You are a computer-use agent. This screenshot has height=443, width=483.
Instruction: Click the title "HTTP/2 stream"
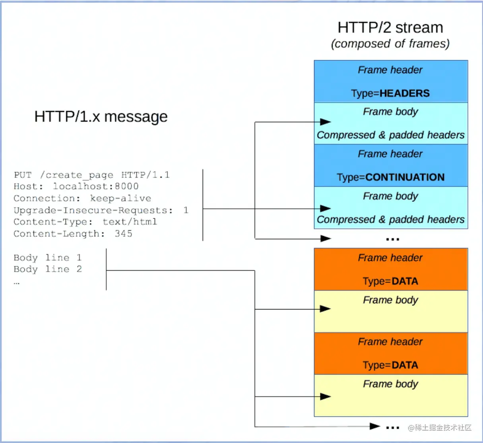[390, 27]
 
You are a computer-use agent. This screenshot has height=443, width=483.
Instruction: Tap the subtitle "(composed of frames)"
[390, 43]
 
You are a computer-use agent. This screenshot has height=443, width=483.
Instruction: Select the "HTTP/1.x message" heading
[101, 116]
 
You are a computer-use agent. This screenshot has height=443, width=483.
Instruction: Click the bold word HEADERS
[405, 93]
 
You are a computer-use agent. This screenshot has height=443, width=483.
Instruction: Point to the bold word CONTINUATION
[405, 177]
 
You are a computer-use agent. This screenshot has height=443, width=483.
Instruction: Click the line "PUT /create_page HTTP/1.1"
[91, 175]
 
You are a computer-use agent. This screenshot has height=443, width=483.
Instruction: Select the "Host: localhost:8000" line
[76, 186]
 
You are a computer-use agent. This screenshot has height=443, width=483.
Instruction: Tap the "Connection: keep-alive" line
[82, 198]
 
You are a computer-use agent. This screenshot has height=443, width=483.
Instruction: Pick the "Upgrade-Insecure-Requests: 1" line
[101, 210]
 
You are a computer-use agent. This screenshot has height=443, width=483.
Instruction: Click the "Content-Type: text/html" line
[85, 222]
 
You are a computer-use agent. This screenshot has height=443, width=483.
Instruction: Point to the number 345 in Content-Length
[124, 234]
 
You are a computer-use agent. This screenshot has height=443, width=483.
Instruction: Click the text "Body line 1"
[48, 257]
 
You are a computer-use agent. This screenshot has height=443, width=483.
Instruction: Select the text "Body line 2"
[48, 269]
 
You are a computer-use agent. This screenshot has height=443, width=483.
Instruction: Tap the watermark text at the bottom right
[440, 428]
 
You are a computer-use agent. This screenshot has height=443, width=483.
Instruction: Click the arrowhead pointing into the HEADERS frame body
[326, 122]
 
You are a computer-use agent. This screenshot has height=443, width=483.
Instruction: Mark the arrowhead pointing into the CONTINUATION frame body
[326, 208]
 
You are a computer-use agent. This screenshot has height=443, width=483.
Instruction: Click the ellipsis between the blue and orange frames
[392, 239]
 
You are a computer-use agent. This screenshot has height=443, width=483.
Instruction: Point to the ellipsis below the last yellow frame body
[392, 428]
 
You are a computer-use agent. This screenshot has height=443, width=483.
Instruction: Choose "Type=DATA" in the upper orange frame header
[390, 281]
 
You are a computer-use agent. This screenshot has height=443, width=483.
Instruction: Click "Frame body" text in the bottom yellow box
[390, 384]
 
